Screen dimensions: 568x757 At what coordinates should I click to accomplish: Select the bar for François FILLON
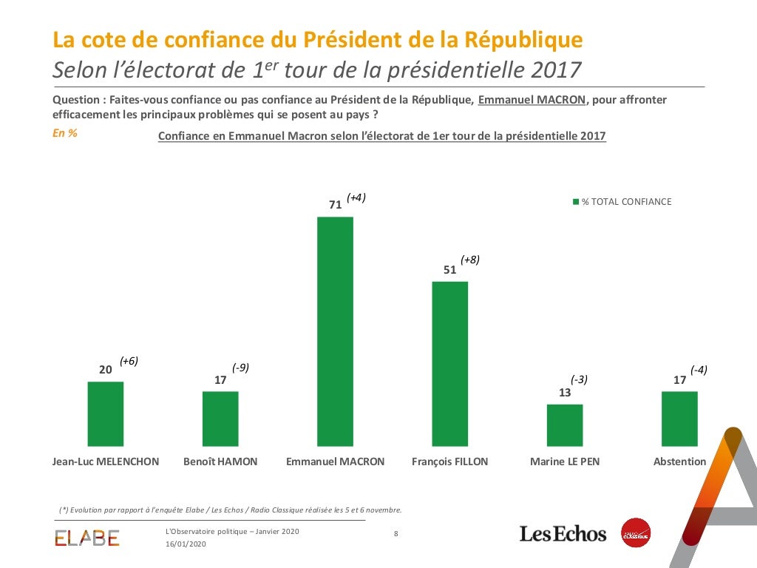pos(449,364)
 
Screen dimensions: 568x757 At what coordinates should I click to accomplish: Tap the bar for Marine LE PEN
pos(565,425)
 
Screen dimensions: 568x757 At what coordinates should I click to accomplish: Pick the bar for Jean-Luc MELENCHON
pos(106,414)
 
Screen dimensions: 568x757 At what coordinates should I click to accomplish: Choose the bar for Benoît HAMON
pos(220,419)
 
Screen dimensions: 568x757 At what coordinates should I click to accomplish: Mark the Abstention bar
pos(679,419)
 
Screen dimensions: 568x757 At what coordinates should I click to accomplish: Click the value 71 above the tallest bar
pos(335,205)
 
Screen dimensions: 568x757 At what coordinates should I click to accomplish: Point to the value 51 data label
pos(449,270)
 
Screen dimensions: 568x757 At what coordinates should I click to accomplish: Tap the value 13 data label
pos(565,393)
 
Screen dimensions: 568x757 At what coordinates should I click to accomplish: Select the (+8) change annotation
pos(470,260)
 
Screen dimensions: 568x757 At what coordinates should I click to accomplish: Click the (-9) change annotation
pos(240,368)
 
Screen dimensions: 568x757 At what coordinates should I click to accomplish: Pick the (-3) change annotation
pos(579,379)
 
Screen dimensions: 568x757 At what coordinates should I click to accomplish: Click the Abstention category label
pos(679,461)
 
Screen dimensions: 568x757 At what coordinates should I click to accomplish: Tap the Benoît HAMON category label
pos(220,461)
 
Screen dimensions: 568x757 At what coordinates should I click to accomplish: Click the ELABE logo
pos(87,538)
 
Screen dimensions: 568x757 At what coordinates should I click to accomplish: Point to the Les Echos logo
pos(563,533)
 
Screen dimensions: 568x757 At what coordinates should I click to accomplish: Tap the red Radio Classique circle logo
pos(635,532)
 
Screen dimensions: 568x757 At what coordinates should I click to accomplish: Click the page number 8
pos(396,533)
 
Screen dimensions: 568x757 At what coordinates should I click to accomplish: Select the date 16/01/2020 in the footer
pos(186,544)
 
